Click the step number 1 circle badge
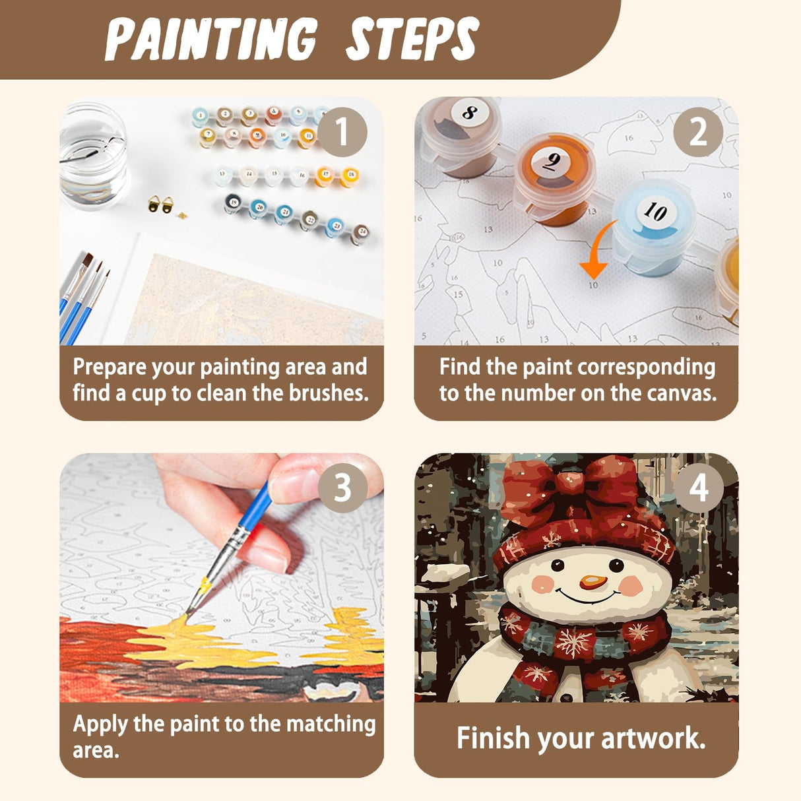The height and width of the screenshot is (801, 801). click(x=342, y=132)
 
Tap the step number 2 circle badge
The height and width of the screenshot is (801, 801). click(x=698, y=132)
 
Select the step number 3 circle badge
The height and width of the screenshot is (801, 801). click(x=342, y=488)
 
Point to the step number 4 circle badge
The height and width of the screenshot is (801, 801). click(x=698, y=488)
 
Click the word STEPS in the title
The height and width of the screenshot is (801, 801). click(x=412, y=40)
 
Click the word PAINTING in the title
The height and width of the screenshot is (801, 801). click(x=211, y=40)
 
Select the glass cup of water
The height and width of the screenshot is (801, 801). click(x=92, y=155)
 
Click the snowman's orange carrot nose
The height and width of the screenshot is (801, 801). click(x=593, y=582)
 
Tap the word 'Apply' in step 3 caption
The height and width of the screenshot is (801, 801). click(x=101, y=724)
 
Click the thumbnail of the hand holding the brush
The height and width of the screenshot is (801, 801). click(x=222, y=577)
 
